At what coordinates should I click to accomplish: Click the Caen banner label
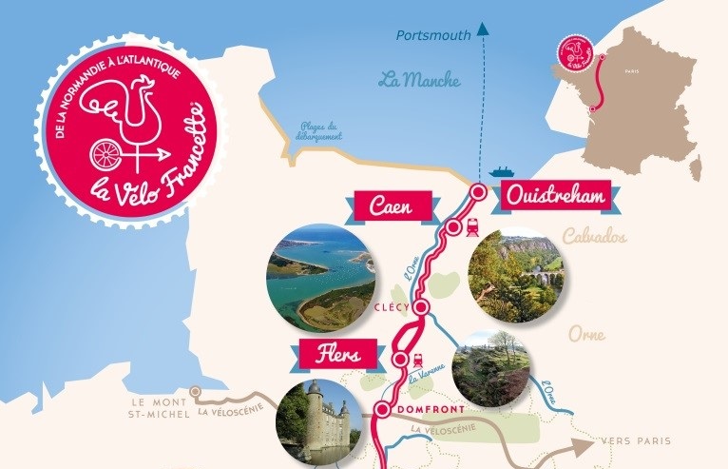(x=393, y=205)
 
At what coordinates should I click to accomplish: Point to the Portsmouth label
(x=434, y=36)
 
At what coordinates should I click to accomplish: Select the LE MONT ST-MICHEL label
(x=158, y=406)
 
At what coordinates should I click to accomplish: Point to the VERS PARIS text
(x=636, y=441)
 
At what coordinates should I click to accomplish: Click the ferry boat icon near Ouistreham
(x=501, y=172)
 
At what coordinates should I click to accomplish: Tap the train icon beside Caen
(x=469, y=226)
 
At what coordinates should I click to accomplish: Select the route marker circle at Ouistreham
(x=479, y=192)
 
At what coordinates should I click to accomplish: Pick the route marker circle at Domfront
(x=381, y=411)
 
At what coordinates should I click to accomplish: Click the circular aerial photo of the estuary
(x=320, y=278)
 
